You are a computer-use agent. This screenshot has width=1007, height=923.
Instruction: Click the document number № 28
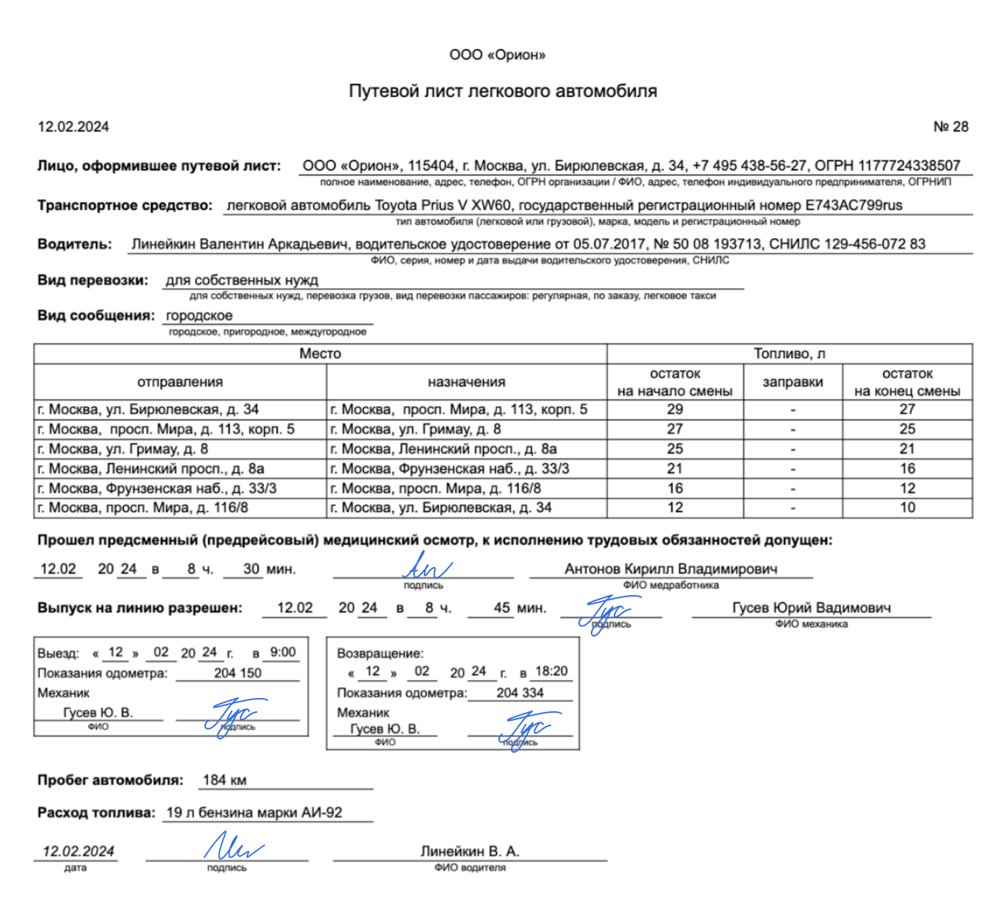pos(951,127)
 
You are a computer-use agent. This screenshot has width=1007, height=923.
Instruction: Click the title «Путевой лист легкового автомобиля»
pos(503,91)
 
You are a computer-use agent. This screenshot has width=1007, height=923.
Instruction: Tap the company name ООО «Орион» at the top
pos(498,55)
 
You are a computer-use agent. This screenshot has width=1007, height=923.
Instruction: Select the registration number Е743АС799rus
pos(854,205)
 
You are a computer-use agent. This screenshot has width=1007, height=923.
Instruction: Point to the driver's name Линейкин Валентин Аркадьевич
pos(239,244)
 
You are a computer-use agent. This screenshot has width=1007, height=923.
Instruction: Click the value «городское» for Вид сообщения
pos(199,315)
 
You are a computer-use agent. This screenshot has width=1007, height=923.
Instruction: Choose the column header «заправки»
pos(792,382)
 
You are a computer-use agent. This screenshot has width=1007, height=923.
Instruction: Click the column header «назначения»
pos(466,382)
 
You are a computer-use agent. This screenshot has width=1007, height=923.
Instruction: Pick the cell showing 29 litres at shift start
pos(675,409)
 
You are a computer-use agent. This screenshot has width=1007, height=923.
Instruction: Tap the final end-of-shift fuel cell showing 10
pos(907,508)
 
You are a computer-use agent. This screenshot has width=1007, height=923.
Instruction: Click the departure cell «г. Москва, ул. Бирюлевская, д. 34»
pos(148,409)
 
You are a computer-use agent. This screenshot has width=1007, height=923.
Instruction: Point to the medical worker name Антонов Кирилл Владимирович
pos(671,568)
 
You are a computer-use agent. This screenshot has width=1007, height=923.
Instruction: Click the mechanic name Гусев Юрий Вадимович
pos(812,608)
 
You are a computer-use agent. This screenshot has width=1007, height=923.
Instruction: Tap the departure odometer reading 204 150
pos(238,673)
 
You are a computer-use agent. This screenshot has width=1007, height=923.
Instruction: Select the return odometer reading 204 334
pos(520,693)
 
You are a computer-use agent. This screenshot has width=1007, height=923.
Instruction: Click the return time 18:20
pos(551,671)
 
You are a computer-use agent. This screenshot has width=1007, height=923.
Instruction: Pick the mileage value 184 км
pos(224,779)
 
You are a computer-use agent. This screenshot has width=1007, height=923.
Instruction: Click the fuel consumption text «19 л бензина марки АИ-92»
pos(254,812)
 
